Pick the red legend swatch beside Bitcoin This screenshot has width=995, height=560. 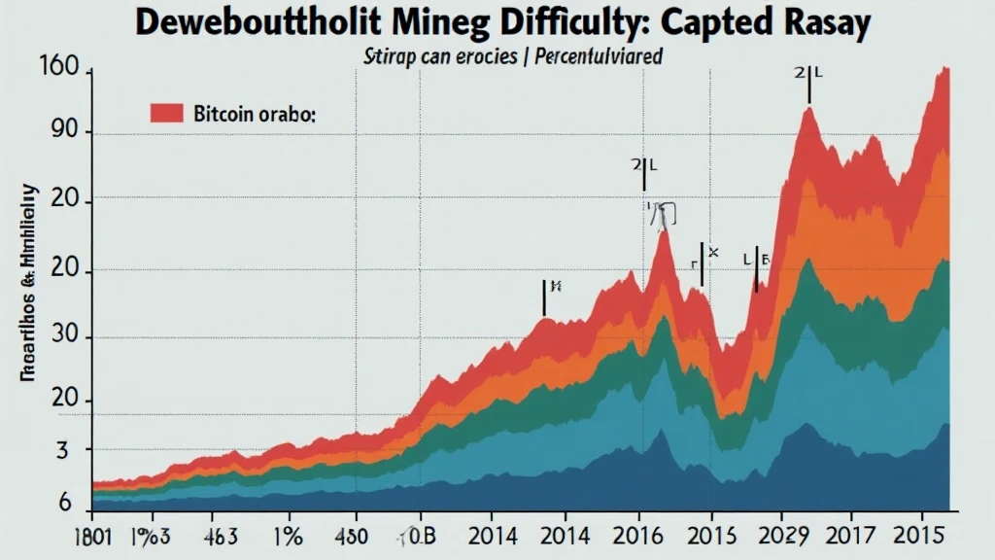[167, 113]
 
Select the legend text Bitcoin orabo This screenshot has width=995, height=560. [255, 114]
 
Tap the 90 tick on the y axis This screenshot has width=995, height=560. [76, 133]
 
